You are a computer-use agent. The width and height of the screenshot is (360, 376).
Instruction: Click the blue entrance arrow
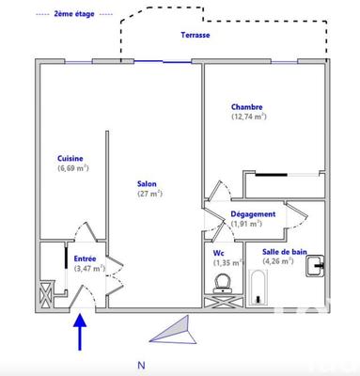[x=80, y=330]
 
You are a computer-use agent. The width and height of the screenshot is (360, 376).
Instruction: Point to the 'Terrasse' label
[x=196, y=35]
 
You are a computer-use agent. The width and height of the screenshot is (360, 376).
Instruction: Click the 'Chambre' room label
[x=248, y=107]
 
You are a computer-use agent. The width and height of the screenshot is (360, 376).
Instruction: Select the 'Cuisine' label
[x=70, y=159]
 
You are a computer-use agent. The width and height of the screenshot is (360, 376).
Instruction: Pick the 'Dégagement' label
[x=253, y=214]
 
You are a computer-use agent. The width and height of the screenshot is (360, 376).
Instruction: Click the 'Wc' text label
[x=219, y=252]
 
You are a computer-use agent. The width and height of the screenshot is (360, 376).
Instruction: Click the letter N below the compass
[x=141, y=365]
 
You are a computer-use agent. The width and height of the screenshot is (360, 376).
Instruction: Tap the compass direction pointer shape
[x=174, y=330]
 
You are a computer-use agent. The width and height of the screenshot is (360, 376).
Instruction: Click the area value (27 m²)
[x=149, y=194]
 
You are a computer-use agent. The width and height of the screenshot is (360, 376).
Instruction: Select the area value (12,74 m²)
[x=248, y=117]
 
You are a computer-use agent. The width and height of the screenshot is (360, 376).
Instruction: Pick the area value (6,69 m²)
[x=71, y=169]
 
